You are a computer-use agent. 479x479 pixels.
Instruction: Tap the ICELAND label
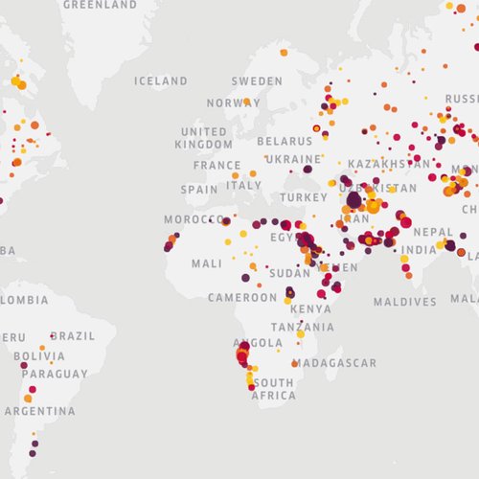pos(161,81)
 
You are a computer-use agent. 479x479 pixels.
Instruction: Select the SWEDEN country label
pos(257,81)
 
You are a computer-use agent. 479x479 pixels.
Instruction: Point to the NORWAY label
pos(233,103)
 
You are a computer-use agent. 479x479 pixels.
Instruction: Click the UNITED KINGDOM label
pos(204,138)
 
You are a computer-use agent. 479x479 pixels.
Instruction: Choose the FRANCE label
pos(217,165)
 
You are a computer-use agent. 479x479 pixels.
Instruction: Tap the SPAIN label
pos(199,190)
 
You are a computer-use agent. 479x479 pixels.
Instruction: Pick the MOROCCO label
pos(193,219)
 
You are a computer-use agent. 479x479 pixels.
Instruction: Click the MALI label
pos(206,263)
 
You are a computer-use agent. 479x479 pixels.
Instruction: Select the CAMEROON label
pos(242,298)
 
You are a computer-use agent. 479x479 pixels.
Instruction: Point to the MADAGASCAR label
pos(334,364)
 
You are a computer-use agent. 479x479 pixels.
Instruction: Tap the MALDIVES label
pos(404,302)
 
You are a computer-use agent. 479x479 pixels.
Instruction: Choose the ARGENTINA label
pos(39,411)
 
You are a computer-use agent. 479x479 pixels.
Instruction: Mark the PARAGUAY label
pos(48,374)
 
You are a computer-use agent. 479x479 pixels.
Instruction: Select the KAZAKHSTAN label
pos(389,165)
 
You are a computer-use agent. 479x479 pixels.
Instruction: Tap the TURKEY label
pos(304,197)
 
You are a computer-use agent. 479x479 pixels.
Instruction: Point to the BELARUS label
pos(285,142)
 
